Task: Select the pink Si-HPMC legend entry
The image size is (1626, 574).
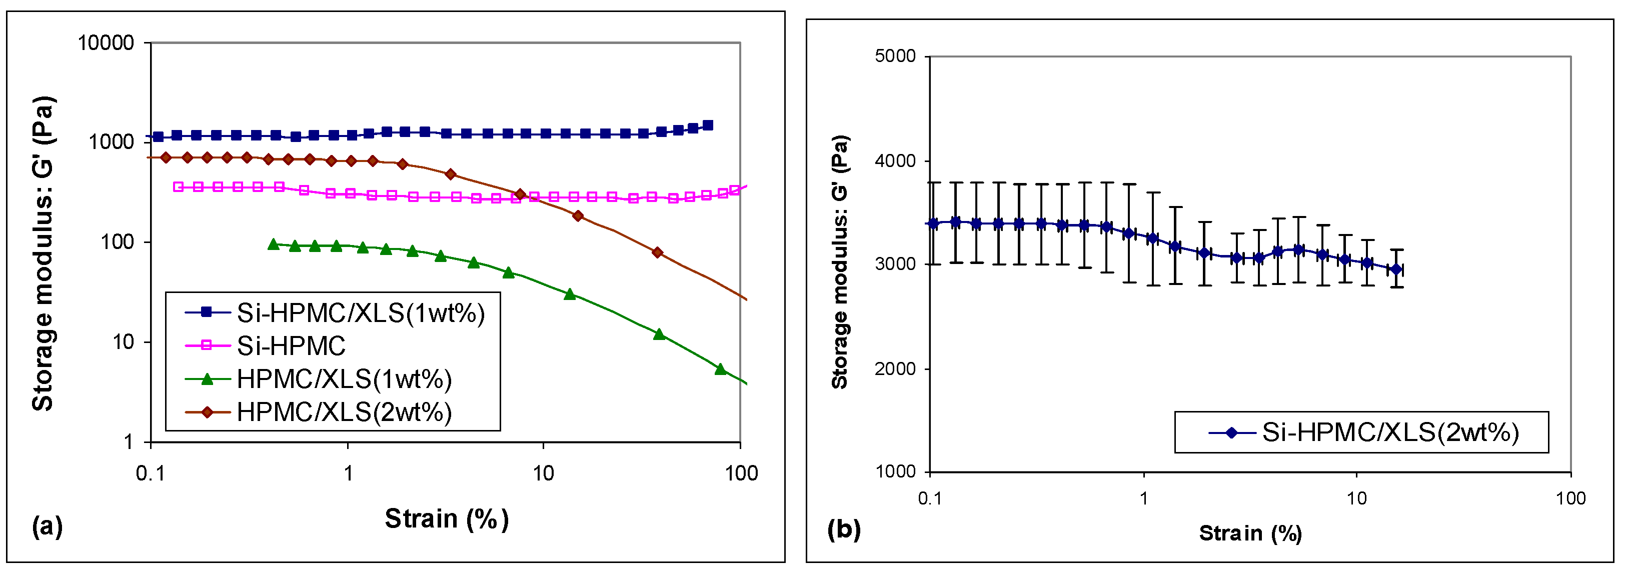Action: tap(291, 345)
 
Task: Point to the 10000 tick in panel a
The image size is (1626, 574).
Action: tap(106, 43)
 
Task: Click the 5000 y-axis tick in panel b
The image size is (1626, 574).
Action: tap(895, 56)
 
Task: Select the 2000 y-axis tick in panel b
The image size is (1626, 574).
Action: tap(895, 368)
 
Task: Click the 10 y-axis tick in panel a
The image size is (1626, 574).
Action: tap(123, 342)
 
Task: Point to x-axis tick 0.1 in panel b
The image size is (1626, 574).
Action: tap(930, 499)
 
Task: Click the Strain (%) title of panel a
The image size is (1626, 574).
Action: tap(446, 519)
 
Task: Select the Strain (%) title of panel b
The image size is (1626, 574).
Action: tap(1250, 533)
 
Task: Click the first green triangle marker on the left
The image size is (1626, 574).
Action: tap(273, 244)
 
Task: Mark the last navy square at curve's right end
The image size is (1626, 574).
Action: tap(708, 125)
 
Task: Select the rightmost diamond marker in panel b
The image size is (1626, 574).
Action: tap(1396, 269)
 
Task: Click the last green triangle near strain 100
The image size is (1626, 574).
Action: tap(720, 369)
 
